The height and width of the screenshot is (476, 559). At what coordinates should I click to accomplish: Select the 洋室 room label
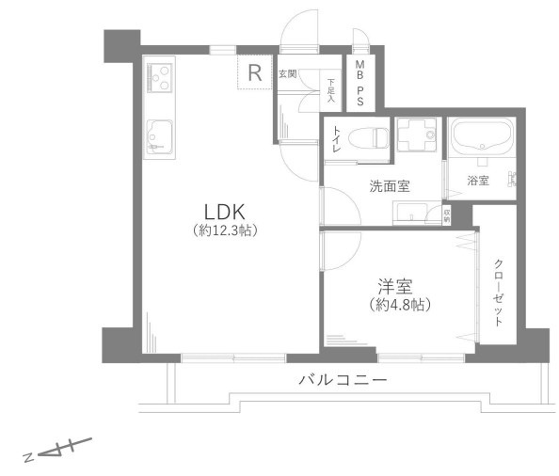click(393, 286)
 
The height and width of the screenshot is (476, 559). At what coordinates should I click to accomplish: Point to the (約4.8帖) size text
click(393, 305)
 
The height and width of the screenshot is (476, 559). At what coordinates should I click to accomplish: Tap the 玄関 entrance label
click(287, 72)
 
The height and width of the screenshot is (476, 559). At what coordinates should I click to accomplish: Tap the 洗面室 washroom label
click(389, 185)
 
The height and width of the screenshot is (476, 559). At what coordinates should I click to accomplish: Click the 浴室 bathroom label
click(478, 181)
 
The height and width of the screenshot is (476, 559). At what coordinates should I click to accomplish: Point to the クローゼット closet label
click(498, 291)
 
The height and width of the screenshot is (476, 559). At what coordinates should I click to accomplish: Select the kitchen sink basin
click(159, 137)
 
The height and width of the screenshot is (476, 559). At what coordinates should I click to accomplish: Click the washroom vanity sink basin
click(411, 214)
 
